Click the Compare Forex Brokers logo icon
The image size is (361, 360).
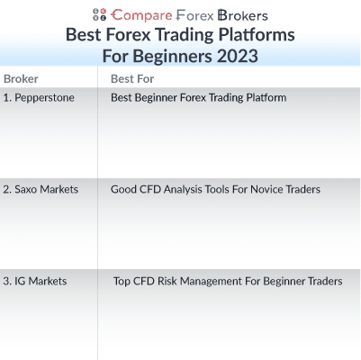click(x=99, y=14)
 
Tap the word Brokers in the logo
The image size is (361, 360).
click(x=242, y=14)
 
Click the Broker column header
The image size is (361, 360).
click(x=21, y=79)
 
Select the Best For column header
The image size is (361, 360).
click(x=132, y=79)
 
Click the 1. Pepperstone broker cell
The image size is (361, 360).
click(x=39, y=97)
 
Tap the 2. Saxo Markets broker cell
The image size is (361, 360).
click(x=41, y=190)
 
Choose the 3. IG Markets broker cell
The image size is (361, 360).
click(x=35, y=282)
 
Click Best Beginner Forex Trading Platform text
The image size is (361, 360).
click(x=198, y=97)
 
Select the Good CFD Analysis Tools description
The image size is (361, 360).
click(x=215, y=190)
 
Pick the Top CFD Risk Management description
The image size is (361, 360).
click(x=227, y=282)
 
